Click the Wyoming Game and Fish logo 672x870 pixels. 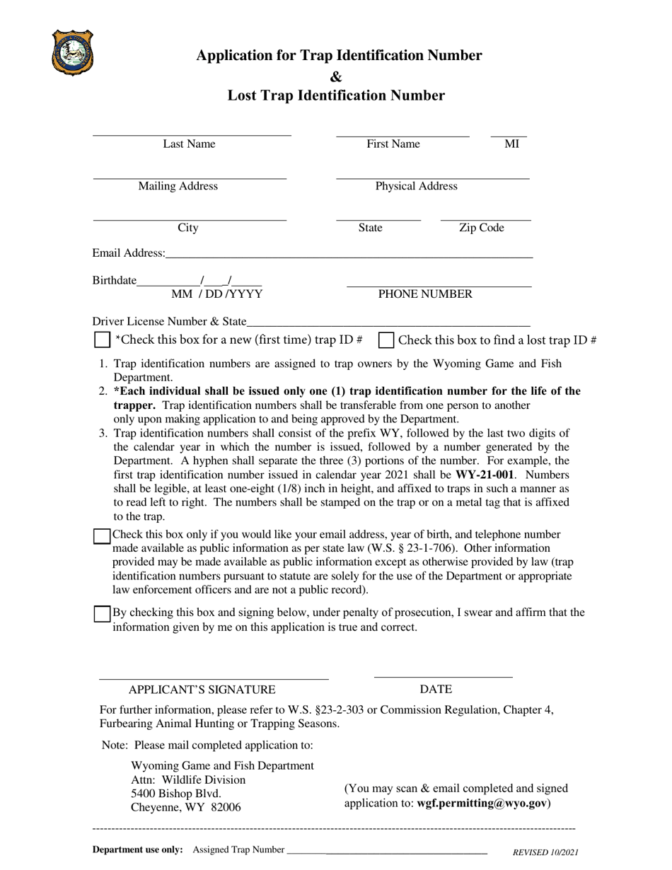72,52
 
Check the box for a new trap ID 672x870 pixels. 102,340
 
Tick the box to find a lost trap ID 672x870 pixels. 386,340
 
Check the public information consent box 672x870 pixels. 102,536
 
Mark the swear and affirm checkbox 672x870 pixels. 102,614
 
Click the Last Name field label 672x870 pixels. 189,144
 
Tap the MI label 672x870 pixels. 511,144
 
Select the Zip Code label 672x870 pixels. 482,228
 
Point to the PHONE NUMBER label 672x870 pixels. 425,294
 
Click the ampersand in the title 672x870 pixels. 336,76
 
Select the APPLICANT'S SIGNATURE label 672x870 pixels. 202,690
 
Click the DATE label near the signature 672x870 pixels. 436,690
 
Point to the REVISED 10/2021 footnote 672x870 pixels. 545,852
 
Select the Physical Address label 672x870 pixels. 416,187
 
